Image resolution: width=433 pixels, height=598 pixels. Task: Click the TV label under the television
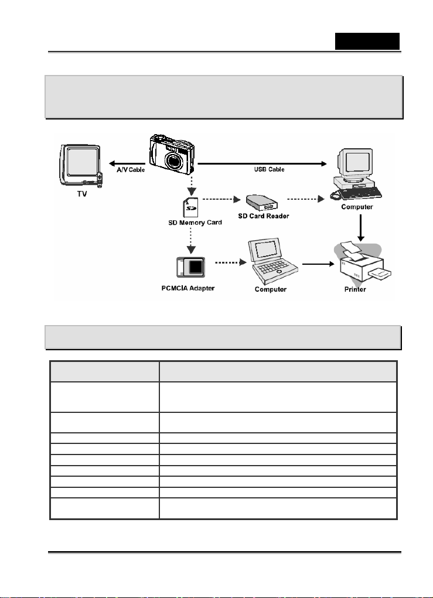tap(82, 193)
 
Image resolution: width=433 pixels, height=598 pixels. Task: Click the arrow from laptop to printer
tap(318, 264)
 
